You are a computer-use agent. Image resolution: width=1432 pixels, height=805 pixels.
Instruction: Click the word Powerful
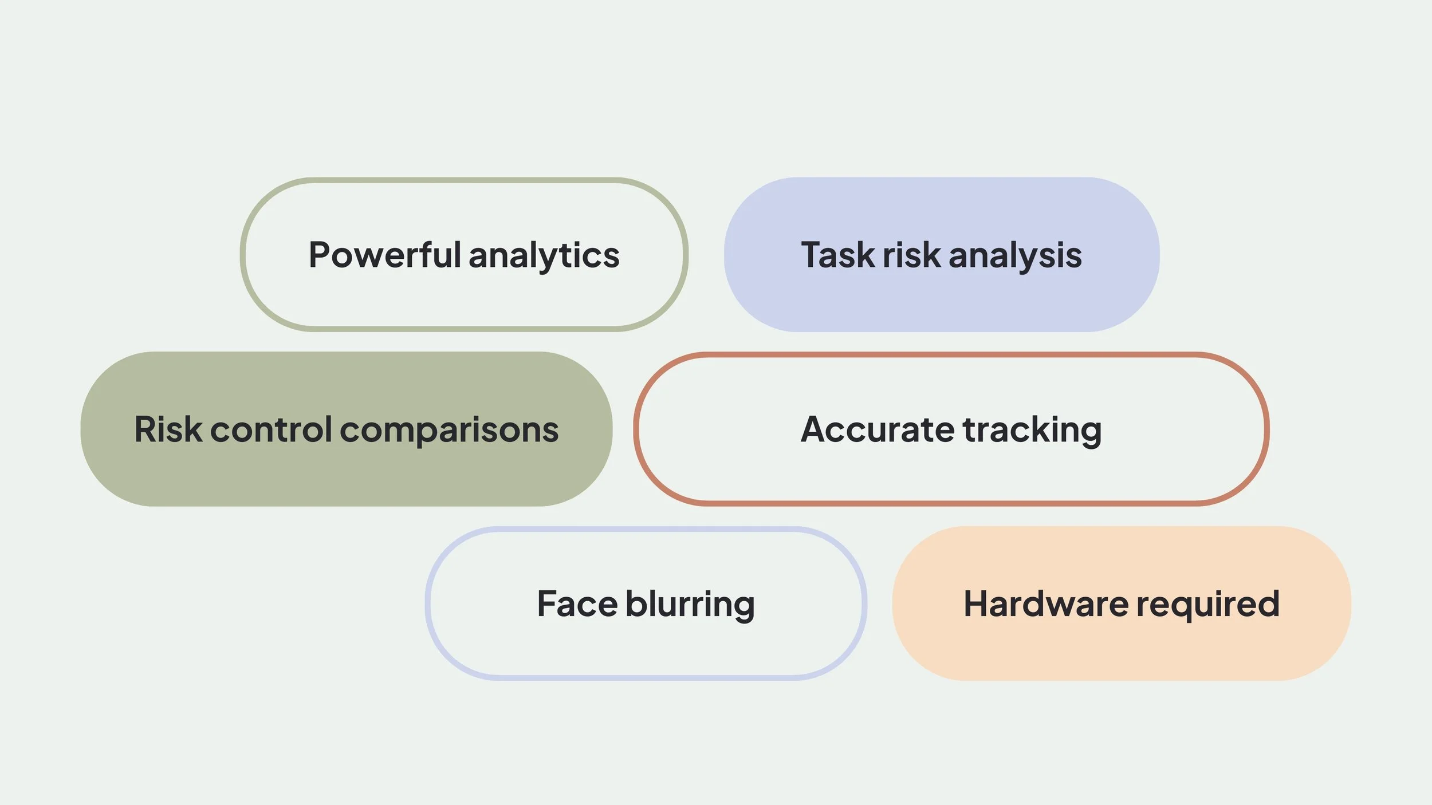click(384, 255)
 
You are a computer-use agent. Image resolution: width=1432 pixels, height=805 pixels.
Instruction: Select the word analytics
click(544, 256)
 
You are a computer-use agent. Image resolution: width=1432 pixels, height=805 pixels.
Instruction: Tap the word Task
click(837, 255)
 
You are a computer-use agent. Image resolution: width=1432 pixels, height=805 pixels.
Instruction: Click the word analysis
click(1015, 256)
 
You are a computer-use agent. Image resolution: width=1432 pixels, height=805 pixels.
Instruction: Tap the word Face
click(577, 604)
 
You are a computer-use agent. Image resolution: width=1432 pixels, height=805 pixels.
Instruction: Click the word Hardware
click(1046, 604)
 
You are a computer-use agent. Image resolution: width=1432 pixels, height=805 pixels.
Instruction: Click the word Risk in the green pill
click(168, 429)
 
